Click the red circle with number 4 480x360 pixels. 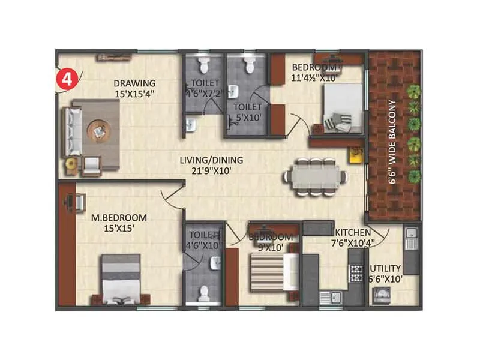click(64, 79)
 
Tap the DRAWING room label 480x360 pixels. click(135, 83)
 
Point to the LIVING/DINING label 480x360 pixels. click(211, 160)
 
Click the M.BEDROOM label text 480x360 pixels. click(119, 217)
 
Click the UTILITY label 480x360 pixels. click(386, 268)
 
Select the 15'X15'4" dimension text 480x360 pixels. click(136, 94)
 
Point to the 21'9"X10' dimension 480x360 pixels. click(211, 170)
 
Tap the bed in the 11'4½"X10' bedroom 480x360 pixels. click(340, 108)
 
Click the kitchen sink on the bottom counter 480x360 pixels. click(332, 295)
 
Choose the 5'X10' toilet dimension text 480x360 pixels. click(247, 118)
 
